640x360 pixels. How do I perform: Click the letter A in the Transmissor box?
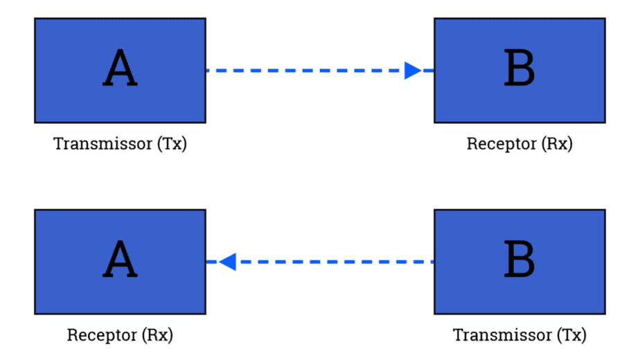point(120,70)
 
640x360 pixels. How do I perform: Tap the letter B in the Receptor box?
point(519,70)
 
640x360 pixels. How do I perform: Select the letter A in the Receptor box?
point(120,261)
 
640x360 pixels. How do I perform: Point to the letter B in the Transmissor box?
point(519,261)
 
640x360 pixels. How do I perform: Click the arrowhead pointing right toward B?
point(414,71)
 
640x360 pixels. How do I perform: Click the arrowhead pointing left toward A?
point(227,262)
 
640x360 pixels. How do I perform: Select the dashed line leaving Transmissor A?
point(305,71)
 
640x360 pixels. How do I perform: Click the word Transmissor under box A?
point(103,144)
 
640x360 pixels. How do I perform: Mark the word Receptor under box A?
point(102,335)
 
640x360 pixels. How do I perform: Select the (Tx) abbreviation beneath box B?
point(571,335)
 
